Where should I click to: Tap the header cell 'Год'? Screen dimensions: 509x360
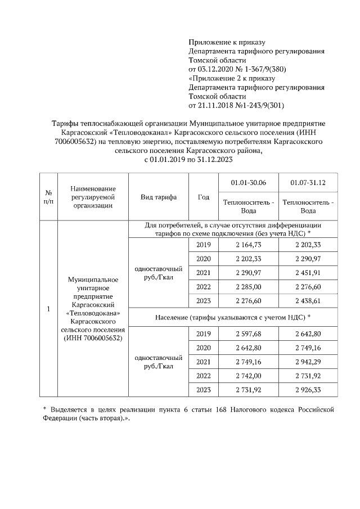[204, 197]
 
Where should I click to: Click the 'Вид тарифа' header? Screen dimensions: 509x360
[159, 197]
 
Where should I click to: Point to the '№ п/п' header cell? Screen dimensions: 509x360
[48, 197]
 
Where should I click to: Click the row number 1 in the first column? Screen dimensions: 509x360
[48, 309]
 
